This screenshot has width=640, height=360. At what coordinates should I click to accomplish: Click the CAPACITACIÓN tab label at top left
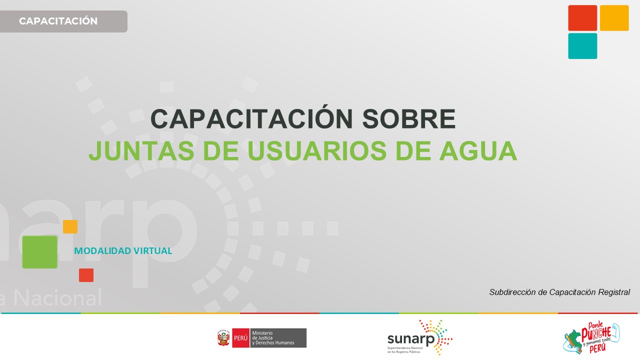58,21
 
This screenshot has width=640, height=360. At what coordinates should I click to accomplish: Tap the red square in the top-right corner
582,18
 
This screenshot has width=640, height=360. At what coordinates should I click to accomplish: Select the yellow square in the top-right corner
614,18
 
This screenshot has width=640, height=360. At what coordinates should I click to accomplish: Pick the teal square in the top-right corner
582,46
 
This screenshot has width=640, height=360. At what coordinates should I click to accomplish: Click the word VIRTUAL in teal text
152,251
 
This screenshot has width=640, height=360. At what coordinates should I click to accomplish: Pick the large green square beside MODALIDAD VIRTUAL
40,252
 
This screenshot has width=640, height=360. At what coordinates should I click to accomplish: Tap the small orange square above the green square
70,226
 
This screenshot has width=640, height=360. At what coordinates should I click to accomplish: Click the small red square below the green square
86,275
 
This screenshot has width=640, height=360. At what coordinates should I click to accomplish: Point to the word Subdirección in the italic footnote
512,292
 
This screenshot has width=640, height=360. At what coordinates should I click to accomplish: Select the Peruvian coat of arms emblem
223,338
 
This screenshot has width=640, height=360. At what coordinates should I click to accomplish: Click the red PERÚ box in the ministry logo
240,338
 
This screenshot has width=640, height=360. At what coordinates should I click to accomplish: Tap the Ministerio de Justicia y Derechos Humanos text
278,338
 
